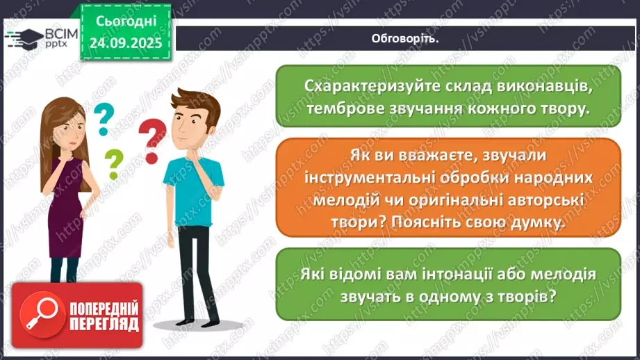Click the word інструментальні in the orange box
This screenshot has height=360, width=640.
[x=369, y=178]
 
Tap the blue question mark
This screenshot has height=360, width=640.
[x=103, y=119]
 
